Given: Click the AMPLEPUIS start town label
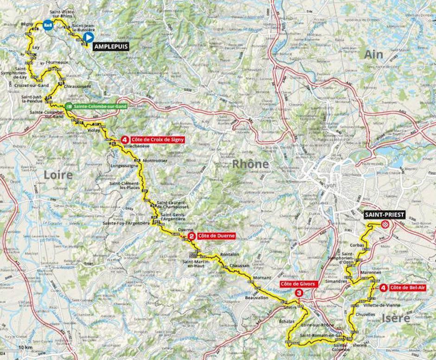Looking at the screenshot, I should [x=110, y=46].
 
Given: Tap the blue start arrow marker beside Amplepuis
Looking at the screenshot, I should [x=89, y=38].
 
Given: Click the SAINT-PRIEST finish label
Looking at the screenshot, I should [x=385, y=215].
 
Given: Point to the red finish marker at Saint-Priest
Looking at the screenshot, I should [x=385, y=225].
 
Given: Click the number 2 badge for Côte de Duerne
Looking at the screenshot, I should [x=191, y=236].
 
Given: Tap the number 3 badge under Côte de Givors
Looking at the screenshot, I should [x=300, y=293].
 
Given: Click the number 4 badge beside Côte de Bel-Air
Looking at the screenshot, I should [x=383, y=288].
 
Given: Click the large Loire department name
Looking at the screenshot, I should [x=58, y=175].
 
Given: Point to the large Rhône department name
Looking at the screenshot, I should [x=250, y=164].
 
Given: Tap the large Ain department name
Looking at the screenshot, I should [x=374, y=54].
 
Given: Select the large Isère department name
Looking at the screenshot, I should [x=397, y=318].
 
